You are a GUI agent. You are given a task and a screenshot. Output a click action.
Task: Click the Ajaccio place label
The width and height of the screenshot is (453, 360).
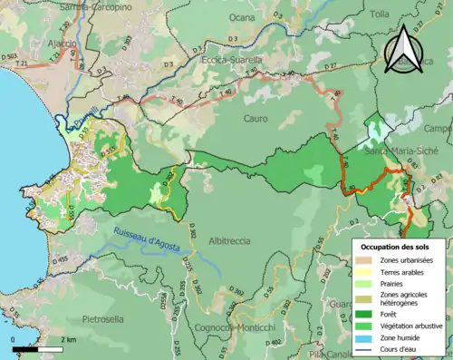coord(20,42)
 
